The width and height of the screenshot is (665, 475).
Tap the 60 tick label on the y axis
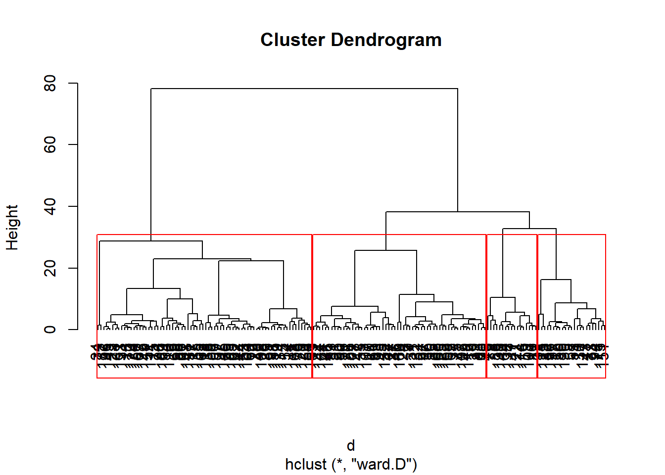pyautogui.click(x=50, y=144)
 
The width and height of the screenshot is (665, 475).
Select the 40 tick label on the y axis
pyautogui.click(x=50, y=206)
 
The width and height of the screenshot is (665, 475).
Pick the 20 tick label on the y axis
pyautogui.click(x=50, y=268)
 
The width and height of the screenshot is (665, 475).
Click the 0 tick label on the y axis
pyautogui.click(x=50, y=330)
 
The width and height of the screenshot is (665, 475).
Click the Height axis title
pyautogui.click(x=12, y=228)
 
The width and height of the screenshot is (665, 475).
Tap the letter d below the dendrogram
pyautogui.click(x=351, y=445)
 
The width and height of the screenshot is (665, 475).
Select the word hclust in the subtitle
pyautogui.click(x=306, y=465)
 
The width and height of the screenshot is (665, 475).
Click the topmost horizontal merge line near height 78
pyautogui.click(x=304, y=89)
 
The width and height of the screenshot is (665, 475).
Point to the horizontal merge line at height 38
pyautogui.click(x=458, y=212)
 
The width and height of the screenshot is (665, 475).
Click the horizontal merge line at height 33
pyautogui.click(x=529, y=229)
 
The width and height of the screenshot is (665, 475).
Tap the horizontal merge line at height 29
pyautogui.click(x=151, y=241)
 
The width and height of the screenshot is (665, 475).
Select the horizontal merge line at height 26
pyautogui.click(x=385, y=250)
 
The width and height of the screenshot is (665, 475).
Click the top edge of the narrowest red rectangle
pyautogui.click(x=512, y=235)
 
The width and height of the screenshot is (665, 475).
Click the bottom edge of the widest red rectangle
pyautogui.click(x=204, y=378)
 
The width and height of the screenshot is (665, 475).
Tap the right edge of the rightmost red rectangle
pyautogui.click(x=606, y=307)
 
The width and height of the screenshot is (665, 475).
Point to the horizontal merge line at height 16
pyautogui.click(x=556, y=280)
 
